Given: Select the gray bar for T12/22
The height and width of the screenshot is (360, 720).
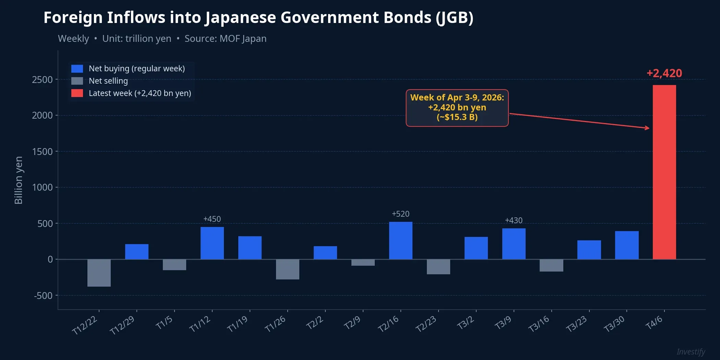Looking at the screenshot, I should click(x=99, y=273).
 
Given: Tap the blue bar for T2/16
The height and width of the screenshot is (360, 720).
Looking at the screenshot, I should click(x=400, y=240).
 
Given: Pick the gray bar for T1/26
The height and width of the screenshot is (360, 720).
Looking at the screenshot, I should click(x=287, y=269).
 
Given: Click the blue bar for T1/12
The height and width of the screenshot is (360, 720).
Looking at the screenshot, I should click(x=212, y=243).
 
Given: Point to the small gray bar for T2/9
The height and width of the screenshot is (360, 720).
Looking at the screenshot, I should click(x=363, y=263).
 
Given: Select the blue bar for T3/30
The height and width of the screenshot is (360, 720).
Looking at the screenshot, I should click(x=626, y=245).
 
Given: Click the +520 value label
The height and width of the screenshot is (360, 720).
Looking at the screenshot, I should click(x=400, y=214).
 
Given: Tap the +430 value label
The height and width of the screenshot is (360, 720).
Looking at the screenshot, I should click(x=514, y=220).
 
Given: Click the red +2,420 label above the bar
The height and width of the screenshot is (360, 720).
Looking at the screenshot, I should click(x=664, y=73).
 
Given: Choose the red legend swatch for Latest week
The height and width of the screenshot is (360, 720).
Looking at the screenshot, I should click(x=77, y=93).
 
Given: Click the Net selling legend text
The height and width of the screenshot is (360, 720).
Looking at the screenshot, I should click(x=108, y=81).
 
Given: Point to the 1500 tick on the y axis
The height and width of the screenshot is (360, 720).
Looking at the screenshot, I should click(x=43, y=152).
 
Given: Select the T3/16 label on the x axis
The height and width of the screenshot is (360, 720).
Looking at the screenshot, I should click(x=539, y=324).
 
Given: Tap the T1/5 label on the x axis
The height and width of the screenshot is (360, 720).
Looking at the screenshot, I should click(x=164, y=323).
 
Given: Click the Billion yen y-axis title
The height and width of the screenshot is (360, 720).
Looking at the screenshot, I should click(x=19, y=180).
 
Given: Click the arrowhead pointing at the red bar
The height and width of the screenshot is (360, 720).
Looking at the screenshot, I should click(x=647, y=128).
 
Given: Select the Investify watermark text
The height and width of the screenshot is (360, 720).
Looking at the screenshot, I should click(x=691, y=352).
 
